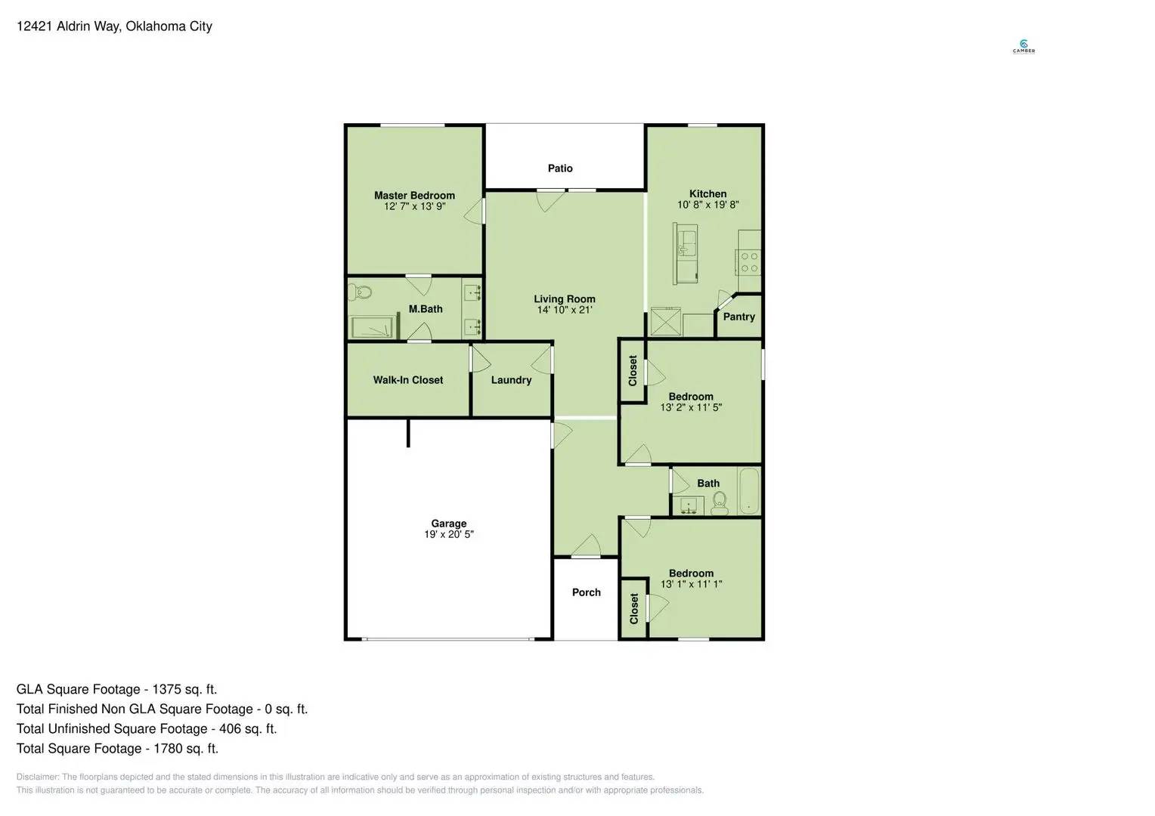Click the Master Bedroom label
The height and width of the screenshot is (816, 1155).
tap(414, 195)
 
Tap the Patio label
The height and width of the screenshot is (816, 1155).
tap(560, 168)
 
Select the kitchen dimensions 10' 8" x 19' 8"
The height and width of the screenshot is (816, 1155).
tap(708, 205)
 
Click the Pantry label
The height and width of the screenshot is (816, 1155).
tap(739, 317)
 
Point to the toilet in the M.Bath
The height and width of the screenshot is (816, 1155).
tap(361, 291)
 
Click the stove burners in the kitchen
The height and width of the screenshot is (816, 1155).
tap(749, 262)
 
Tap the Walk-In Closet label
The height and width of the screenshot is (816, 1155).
tap(407, 380)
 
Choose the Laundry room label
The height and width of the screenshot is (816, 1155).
tap(511, 380)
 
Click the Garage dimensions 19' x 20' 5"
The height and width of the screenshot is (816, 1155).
tap(448, 534)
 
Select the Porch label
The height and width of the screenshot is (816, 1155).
tap(586, 592)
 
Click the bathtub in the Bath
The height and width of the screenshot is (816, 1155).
tap(748, 491)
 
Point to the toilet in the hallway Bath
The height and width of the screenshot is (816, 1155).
tap(719, 501)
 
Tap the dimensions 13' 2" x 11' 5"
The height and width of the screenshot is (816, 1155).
tap(691, 407)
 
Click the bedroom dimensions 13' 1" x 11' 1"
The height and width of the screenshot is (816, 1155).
tap(691, 584)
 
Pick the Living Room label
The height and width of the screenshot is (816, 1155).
tap(564, 299)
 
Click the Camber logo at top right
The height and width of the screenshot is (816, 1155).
tap(1023, 47)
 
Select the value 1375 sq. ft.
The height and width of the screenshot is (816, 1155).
tap(184, 689)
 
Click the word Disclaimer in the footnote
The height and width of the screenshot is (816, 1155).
tap(37, 777)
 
